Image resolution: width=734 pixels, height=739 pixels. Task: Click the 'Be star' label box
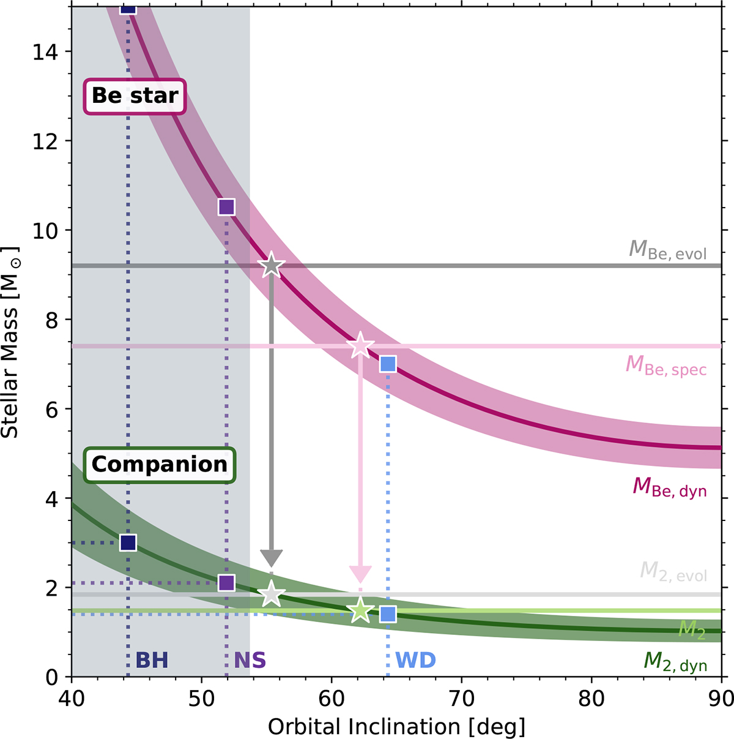pos(135,96)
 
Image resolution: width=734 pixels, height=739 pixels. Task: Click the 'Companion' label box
pos(160,465)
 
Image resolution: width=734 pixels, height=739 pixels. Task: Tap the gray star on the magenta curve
pos(272,266)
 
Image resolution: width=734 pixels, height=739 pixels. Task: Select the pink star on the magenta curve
pos(360,346)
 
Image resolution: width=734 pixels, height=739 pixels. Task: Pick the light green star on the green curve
pos(360,610)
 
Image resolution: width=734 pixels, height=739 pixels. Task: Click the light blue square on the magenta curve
pos(388,364)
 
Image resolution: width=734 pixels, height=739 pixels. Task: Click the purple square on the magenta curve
pos(226,207)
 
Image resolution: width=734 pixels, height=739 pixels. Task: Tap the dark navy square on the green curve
pos(128,543)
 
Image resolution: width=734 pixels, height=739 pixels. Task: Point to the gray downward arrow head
pos(272,558)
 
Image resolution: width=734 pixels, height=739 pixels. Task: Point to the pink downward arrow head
pos(360,574)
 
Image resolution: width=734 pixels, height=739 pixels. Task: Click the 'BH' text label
pos(151,661)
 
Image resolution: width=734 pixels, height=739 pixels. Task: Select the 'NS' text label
pos(250,661)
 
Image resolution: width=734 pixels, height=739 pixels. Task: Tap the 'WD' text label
pos(415,661)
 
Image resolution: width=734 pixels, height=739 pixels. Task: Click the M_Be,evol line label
pos(667,250)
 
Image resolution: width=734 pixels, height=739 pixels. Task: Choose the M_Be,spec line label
pos(665,366)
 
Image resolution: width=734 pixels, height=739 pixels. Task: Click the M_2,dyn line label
pos(675,662)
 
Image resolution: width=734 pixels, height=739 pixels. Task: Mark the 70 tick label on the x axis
pos(461,699)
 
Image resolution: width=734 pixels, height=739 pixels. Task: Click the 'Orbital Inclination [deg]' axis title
pos(396,727)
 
